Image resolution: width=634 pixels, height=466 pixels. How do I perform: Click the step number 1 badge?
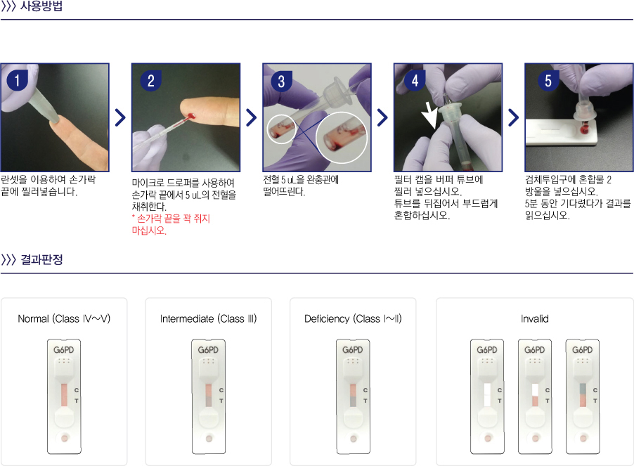coord(17,80)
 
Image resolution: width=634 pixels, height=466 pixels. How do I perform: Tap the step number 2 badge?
coord(151,80)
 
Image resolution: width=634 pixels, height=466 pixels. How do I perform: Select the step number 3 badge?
coord(281,82)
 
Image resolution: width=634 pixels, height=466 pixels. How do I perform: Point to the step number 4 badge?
coord(415,80)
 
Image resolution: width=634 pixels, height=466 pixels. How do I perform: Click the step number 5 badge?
coord(548,80)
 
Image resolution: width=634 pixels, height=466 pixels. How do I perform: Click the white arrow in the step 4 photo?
coord(429,115)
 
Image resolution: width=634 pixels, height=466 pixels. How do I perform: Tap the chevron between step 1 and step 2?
coord(120,117)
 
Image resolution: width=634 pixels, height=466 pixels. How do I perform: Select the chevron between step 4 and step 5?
coord(514,117)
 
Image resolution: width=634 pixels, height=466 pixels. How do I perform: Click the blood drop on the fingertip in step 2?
coord(192,117)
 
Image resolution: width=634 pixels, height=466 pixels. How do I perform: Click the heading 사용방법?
coord(41,6)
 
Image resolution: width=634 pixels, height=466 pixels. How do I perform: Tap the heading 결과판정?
coord(41,259)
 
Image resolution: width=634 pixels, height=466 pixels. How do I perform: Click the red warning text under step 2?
coord(171,225)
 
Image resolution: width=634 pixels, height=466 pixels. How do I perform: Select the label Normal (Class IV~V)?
coord(64,319)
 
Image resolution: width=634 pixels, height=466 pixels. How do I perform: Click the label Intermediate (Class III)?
coord(208,319)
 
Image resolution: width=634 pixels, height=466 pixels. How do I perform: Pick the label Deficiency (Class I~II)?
coord(353,319)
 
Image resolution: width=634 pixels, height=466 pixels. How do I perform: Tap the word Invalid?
coord(534,319)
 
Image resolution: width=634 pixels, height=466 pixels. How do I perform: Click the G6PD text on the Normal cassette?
coord(64,349)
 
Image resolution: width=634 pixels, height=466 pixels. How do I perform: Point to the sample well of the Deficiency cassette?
coord(354,439)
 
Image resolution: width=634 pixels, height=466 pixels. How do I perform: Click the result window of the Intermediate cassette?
coord(209,395)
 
